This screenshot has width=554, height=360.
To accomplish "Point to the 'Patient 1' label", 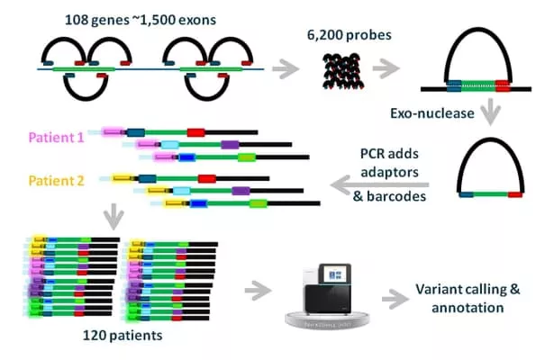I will coord(57,138).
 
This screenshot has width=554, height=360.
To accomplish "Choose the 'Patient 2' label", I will coord(57,179).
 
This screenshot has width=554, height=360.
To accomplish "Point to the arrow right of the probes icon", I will coord(388,68).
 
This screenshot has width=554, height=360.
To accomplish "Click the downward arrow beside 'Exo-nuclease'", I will coord(492,112).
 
